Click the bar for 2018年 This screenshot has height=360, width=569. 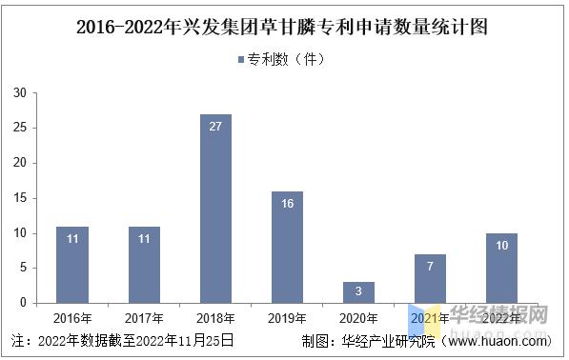point(215,209)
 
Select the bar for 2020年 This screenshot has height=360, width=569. point(358,292)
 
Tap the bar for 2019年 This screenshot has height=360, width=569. point(287,247)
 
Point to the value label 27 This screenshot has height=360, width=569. point(215,127)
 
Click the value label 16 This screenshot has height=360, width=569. point(287,204)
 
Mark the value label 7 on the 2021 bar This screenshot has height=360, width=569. point(430,267)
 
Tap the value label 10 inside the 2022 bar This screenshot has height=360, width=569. point(501,246)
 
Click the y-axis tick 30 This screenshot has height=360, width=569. point(19,93)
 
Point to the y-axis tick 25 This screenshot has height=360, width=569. point(19,129)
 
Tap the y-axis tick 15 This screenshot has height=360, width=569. point(19,198)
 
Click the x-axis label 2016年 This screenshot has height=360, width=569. point(72,318)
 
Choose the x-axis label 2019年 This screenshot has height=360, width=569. point(287,318)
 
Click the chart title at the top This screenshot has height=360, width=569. point(283,27)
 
